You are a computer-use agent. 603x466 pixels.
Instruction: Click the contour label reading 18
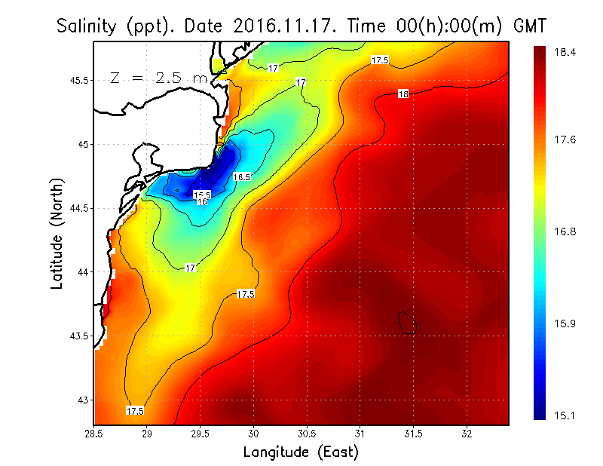pyautogui.click(x=403, y=94)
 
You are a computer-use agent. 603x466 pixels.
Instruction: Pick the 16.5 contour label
pyautogui.click(x=241, y=176)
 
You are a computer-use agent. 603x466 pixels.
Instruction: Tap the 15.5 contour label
pyautogui.click(x=202, y=195)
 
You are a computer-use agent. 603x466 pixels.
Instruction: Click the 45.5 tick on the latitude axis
pyautogui.click(x=77, y=80)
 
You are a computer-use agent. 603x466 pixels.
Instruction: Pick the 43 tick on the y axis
pyautogui.click(x=81, y=400)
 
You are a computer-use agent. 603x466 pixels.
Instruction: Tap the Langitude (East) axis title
pyautogui.click(x=301, y=452)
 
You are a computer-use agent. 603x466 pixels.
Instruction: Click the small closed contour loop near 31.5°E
pyautogui.click(x=407, y=323)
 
